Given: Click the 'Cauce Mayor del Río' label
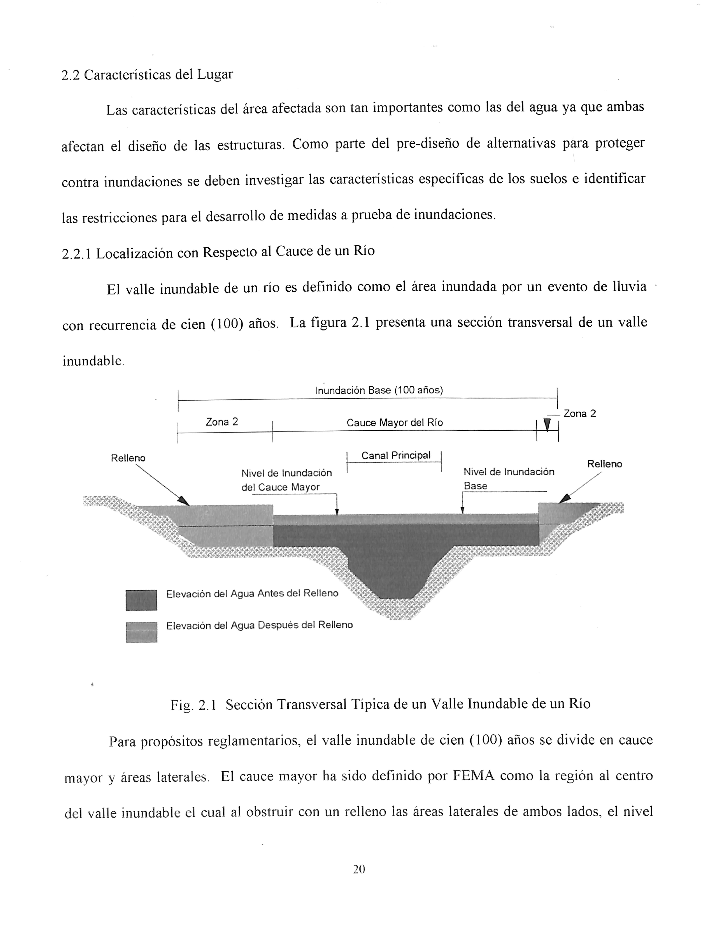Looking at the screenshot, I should pos(394,422).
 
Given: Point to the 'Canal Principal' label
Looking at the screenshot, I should pos(396,455).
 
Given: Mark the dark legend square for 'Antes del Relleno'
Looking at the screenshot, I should pos(141,600).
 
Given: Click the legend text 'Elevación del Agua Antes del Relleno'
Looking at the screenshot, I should pos(252,594).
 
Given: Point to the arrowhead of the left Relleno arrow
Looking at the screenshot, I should pos(184,501).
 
